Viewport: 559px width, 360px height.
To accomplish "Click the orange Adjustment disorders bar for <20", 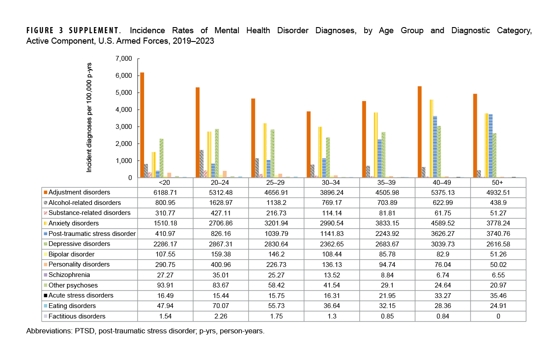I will (x=142, y=125).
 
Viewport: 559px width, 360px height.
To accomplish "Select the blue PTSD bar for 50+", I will (x=490, y=146).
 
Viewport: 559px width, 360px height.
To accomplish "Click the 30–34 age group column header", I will (x=331, y=182).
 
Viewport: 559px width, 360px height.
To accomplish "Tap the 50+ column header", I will (x=498, y=182).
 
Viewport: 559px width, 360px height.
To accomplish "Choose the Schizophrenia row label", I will (x=69, y=275).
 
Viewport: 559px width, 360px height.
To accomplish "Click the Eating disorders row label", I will (x=72, y=306).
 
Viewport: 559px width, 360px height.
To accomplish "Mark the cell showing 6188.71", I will (x=165, y=192).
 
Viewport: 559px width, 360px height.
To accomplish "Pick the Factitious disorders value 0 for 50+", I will (x=498, y=316).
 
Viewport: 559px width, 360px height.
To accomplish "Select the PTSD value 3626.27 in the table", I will (x=442, y=234).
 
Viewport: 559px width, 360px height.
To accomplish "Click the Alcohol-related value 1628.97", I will (x=221, y=203).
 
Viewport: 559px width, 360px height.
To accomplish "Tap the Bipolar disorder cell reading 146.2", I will (x=276, y=254).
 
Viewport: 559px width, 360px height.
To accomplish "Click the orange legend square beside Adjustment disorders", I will (x=45, y=192).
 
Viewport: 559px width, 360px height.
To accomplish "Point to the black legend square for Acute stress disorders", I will (x=45, y=295).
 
